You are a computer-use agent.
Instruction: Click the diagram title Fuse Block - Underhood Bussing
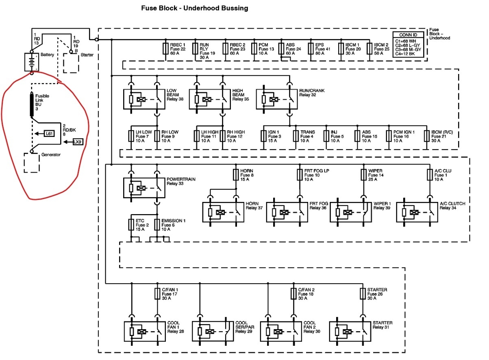(x=194, y=8)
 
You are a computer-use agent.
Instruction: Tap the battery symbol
(x=31, y=62)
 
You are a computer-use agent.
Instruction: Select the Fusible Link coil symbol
(x=31, y=104)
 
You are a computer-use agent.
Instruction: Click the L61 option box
(x=49, y=133)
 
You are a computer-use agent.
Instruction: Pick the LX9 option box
(x=78, y=142)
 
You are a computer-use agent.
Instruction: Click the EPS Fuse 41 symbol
(x=311, y=49)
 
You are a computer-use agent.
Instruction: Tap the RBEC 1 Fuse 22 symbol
(x=165, y=49)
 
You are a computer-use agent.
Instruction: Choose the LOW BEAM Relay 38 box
(x=144, y=99)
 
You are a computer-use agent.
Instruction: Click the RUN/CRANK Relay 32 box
(x=277, y=99)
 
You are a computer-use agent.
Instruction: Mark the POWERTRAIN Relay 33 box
(x=144, y=188)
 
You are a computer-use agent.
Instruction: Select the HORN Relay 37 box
(x=223, y=212)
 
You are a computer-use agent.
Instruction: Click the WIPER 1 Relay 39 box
(x=350, y=212)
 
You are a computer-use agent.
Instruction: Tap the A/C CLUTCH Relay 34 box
(x=417, y=212)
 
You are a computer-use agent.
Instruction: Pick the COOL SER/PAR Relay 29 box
(x=212, y=331)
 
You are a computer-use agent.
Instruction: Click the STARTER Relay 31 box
(x=350, y=331)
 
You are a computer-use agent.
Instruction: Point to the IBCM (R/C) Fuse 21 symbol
(x=426, y=136)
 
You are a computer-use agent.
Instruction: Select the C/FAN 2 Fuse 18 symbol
(x=293, y=293)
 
